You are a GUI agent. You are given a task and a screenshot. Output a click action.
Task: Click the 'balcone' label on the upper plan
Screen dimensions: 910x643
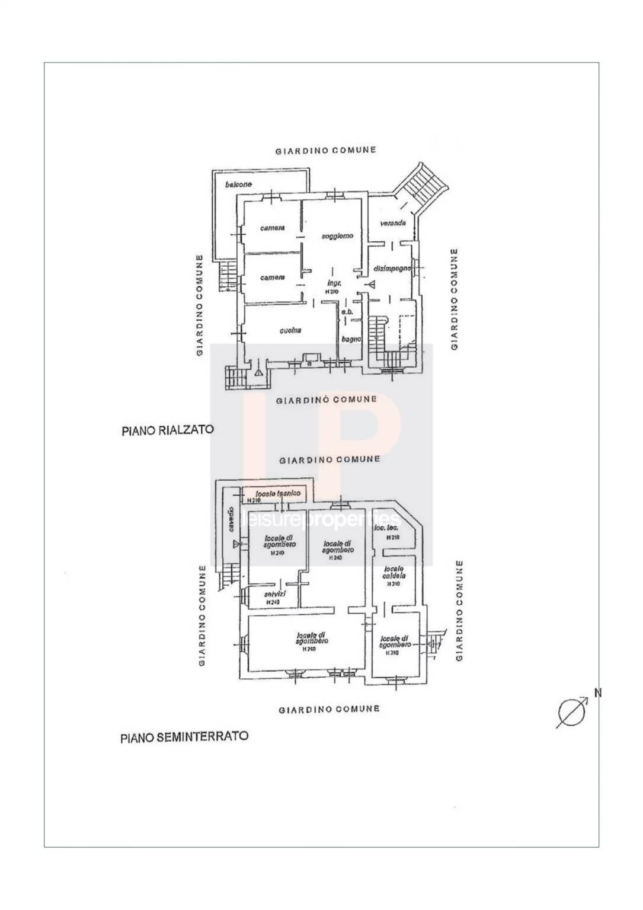coord(238,184)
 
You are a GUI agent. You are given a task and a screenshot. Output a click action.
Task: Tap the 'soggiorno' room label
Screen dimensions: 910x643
coord(337,235)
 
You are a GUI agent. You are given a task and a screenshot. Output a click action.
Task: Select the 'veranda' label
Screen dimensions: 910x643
coord(393,223)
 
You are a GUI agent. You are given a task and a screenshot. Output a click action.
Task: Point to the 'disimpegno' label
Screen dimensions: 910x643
coord(392,269)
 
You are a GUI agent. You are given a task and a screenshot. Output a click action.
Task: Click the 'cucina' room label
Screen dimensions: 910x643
coord(291,330)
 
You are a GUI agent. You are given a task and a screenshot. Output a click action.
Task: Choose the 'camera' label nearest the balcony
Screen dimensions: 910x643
coord(273,228)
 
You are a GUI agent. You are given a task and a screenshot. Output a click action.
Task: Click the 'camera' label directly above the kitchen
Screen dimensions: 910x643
coord(273,277)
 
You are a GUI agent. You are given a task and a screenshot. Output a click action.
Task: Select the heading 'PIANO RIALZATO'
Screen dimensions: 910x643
coord(167,430)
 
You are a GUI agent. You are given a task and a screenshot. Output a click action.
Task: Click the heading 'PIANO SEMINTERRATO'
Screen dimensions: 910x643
coord(184,737)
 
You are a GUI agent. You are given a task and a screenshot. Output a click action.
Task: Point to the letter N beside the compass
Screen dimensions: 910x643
coord(597,692)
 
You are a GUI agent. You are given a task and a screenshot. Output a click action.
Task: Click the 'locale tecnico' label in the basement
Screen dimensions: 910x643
coord(277,493)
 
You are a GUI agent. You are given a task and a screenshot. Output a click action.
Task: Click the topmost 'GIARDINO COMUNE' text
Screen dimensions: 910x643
coord(326,151)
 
